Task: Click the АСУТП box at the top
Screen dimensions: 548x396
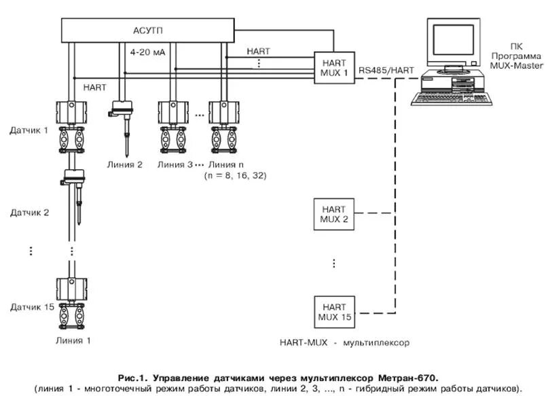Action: coord(147,31)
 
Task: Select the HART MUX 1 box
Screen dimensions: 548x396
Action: coord(335,68)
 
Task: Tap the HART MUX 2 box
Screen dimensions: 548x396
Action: coord(334,214)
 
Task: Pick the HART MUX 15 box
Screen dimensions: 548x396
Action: coord(335,312)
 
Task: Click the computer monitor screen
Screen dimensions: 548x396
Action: coord(454,39)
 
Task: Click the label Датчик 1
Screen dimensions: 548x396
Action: coord(29,130)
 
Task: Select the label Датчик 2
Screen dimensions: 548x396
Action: coord(30,213)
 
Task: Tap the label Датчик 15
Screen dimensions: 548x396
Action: coord(32,307)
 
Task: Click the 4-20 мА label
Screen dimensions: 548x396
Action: coord(147,52)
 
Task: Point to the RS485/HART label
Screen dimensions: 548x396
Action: coord(386,70)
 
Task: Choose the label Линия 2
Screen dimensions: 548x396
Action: coord(125,164)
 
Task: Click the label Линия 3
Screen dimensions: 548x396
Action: coord(175,164)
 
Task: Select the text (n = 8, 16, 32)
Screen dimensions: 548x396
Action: coord(235,175)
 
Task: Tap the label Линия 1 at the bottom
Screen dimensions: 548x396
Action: coord(73,340)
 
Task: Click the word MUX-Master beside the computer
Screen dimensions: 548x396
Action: coord(517,65)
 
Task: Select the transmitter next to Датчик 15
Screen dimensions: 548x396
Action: coord(72,303)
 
